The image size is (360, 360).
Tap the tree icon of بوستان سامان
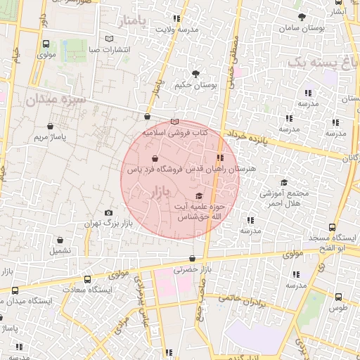[x=302, y=16]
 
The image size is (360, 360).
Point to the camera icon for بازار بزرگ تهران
[x=108, y=212]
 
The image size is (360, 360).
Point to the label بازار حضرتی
[x=193, y=269]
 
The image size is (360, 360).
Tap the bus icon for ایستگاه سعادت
[x=87, y=279]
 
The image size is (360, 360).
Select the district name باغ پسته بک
[x=323, y=64]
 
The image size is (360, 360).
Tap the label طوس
[x=337, y=307]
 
